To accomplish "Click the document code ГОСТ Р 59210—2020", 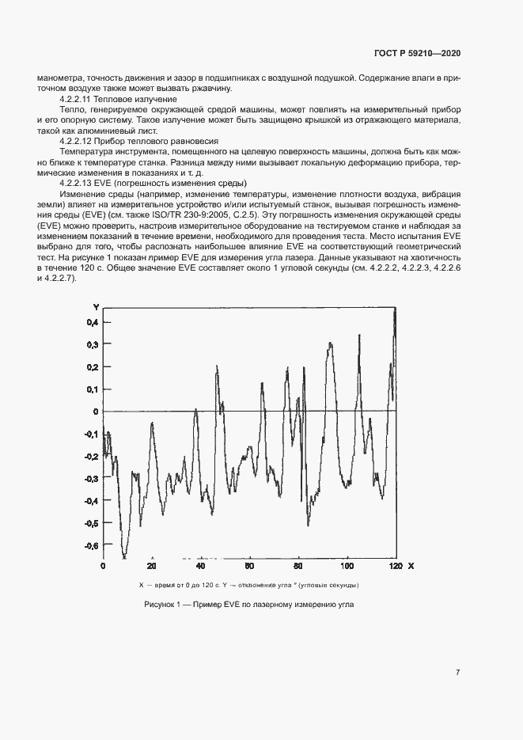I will click(418, 53).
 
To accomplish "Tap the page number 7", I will click(458, 672).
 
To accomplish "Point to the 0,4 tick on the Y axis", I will click(93, 322).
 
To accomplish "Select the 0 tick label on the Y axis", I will click(95, 412).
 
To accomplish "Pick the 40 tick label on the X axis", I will click(200, 567).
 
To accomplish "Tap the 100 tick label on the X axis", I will click(346, 567).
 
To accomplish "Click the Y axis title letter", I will click(96, 306).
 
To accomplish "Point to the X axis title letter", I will click(411, 567).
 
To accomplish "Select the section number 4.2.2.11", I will click(78, 100).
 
